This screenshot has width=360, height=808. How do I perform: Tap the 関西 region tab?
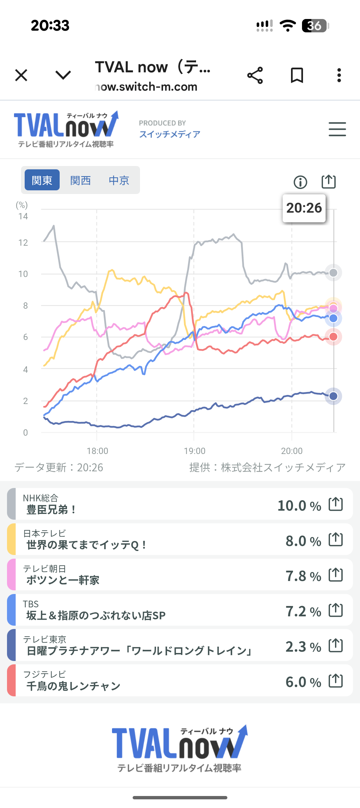(80, 180)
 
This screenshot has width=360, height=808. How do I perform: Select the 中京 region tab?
(119, 180)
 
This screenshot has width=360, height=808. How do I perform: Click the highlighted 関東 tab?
(42, 180)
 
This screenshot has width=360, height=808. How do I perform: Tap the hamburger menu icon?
(337, 129)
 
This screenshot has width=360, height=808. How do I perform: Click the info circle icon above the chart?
(300, 182)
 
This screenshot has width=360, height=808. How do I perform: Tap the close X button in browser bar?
(21, 75)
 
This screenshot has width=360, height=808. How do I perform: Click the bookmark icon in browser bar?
(297, 75)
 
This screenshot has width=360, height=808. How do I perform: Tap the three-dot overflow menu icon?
(339, 75)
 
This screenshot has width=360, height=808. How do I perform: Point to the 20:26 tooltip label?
(304, 208)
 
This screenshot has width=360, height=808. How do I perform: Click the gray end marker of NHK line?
(333, 273)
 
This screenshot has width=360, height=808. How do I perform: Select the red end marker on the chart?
(333, 337)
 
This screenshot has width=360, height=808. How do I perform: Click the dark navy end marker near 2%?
(333, 396)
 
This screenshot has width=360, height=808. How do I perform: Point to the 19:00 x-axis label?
(195, 451)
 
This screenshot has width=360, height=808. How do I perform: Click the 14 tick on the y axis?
(23, 216)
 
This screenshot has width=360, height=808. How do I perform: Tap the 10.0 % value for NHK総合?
(299, 506)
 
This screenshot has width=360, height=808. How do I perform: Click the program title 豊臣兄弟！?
(51, 510)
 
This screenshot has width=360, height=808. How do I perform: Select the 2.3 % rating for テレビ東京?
(303, 647)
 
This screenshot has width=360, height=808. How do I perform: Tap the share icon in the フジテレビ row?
(336, 681)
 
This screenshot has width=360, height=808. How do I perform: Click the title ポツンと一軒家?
(63, 580)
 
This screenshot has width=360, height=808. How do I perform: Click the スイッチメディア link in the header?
(170, 134)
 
